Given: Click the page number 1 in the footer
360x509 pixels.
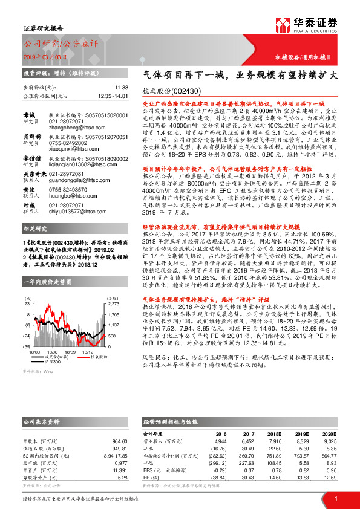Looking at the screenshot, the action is pos(334,498).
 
